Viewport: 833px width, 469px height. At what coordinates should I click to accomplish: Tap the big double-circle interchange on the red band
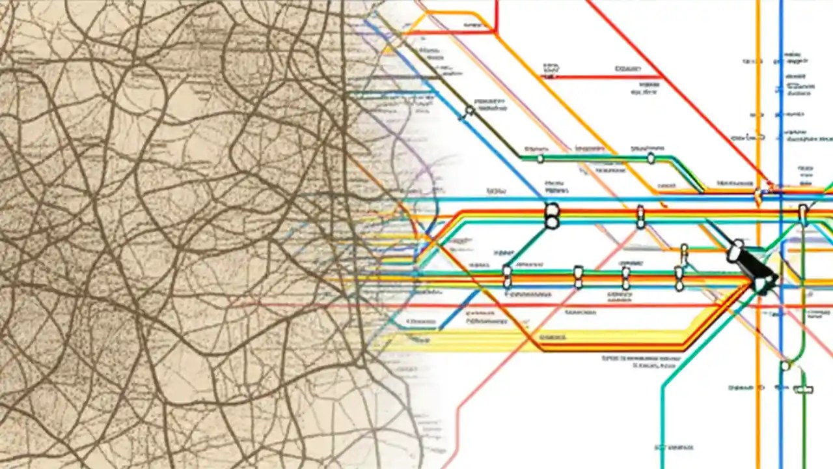[552, 216]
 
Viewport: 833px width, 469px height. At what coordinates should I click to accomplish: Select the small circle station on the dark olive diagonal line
[469, 111]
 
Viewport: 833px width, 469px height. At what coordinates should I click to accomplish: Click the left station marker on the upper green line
[540, 158]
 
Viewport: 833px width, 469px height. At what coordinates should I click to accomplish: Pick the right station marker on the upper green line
[651, 158]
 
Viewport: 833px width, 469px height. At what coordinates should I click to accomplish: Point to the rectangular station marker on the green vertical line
[804, 390]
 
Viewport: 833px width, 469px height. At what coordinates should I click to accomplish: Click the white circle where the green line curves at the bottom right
[785, 365]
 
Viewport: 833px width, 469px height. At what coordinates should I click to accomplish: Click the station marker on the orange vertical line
[758, 194]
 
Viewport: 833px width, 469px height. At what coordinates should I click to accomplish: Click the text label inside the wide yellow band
[552, 337]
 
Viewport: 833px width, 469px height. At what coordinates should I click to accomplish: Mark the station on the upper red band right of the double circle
[640, 216]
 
